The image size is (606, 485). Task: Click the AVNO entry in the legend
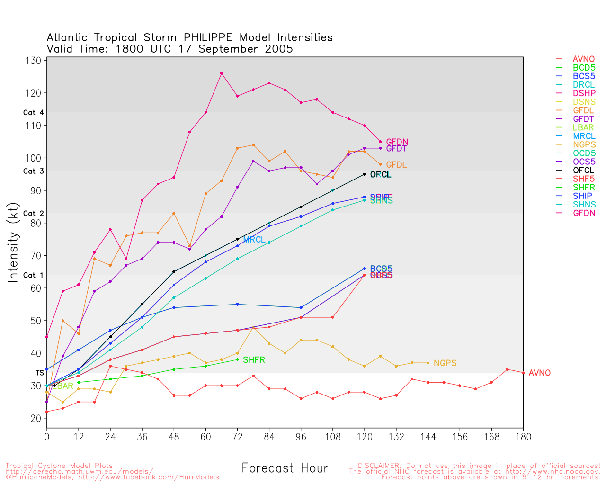coord(583,59)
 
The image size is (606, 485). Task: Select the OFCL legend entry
coord(583,171)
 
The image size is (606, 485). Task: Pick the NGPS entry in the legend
coord(583,145)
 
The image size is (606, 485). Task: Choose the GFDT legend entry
coord(583,119)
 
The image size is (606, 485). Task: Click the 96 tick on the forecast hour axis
coord(301,436)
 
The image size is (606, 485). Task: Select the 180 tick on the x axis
coord(523,436)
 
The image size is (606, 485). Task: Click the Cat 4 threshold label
coord(33,113)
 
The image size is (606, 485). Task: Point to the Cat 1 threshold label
coord(33,276)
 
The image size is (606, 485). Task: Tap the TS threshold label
coord(39,373)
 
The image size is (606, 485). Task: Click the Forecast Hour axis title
coord(285,468)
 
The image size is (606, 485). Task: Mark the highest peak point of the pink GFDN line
coord(221,73)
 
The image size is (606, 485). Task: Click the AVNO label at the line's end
coord(540,373)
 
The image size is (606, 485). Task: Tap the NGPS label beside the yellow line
coord(445,363)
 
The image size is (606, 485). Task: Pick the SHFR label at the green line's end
coord(254,360)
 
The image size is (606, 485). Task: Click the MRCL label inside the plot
coord(254,240)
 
